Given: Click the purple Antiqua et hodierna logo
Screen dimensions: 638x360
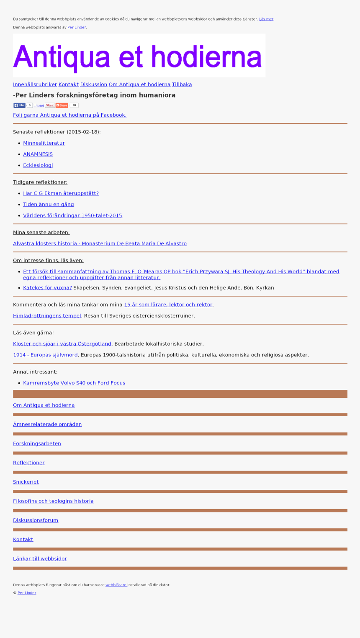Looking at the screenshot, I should coord(139,56).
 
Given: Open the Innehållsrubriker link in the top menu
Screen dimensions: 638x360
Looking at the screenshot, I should coord(35,85).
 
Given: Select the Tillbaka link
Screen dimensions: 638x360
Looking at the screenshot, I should coord(182,85).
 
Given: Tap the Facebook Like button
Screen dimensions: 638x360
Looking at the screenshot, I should coord(19,105).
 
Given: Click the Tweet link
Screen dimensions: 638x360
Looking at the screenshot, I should coord(39,105).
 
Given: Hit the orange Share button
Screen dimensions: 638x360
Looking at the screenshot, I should coord(62,105).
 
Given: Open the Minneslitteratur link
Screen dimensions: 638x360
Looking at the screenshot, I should coord(44,143).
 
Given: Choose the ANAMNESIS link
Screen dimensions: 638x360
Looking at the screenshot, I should coord(38,154).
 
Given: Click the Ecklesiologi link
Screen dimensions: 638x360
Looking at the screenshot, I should coord(38,165).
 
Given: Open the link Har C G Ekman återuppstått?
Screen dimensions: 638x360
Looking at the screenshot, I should coord(61,193).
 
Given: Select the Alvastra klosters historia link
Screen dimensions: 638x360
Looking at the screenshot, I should coord(100,243).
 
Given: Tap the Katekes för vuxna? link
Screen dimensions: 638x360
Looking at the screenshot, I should coord(47,288).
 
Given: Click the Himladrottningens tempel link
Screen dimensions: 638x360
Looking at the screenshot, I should coord(47,316).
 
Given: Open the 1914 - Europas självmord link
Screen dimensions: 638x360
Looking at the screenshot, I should coord(45,355).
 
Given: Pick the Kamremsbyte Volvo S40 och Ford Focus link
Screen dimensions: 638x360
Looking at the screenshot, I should coord(74,383).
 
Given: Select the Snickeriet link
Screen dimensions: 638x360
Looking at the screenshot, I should coord(26,482).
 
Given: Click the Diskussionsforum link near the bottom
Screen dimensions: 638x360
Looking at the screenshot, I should coord(36,520).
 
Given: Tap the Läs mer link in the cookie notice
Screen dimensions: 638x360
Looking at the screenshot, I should coord(266,19).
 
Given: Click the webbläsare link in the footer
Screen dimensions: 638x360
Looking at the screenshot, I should coord(116,585).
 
